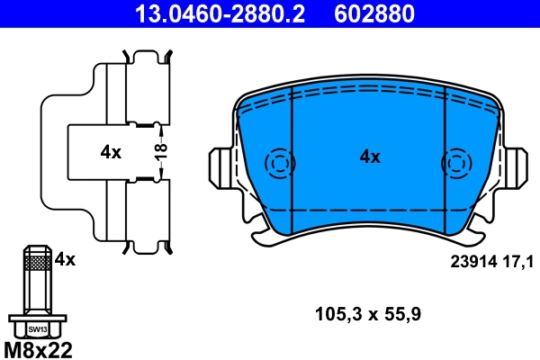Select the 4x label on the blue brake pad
pyautogui.click(x=370, y=157)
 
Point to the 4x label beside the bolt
pyautogui.click(x=65, y=260)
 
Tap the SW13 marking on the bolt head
pyautogui.click(x=37, y=329)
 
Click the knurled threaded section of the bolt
pyautogui.click(x=37, y=263)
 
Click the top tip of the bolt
pyautogui.click(x=37, y=247)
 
